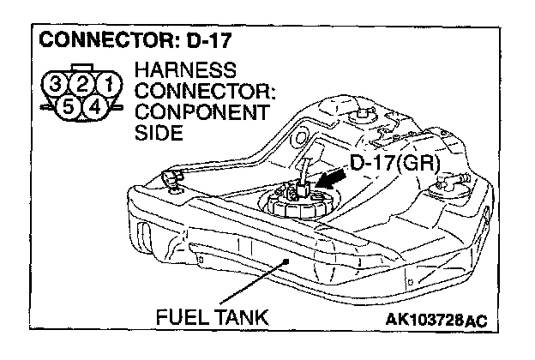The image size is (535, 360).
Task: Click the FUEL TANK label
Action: click(x=212, y=316)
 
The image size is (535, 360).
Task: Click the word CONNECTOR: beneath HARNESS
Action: click(x=199, y=92)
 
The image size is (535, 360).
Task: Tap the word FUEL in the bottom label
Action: click(x=178, y=316)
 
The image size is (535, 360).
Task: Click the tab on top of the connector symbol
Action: click(x=84, y=68)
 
